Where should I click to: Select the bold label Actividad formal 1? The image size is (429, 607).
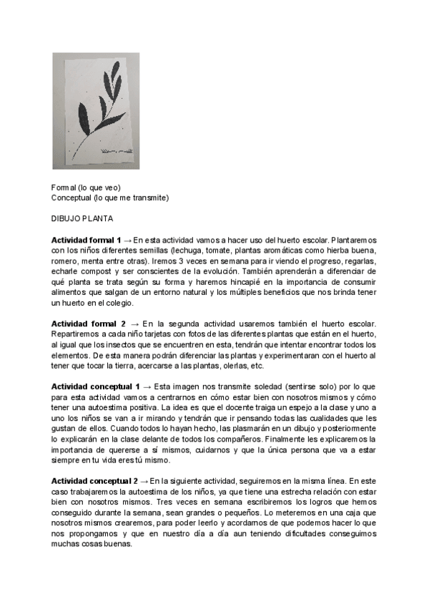click(x=86, y=239)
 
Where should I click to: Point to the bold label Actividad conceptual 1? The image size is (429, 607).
click(x=94, y=387)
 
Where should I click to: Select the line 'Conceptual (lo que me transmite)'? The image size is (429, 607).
click(x=110, y=197)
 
